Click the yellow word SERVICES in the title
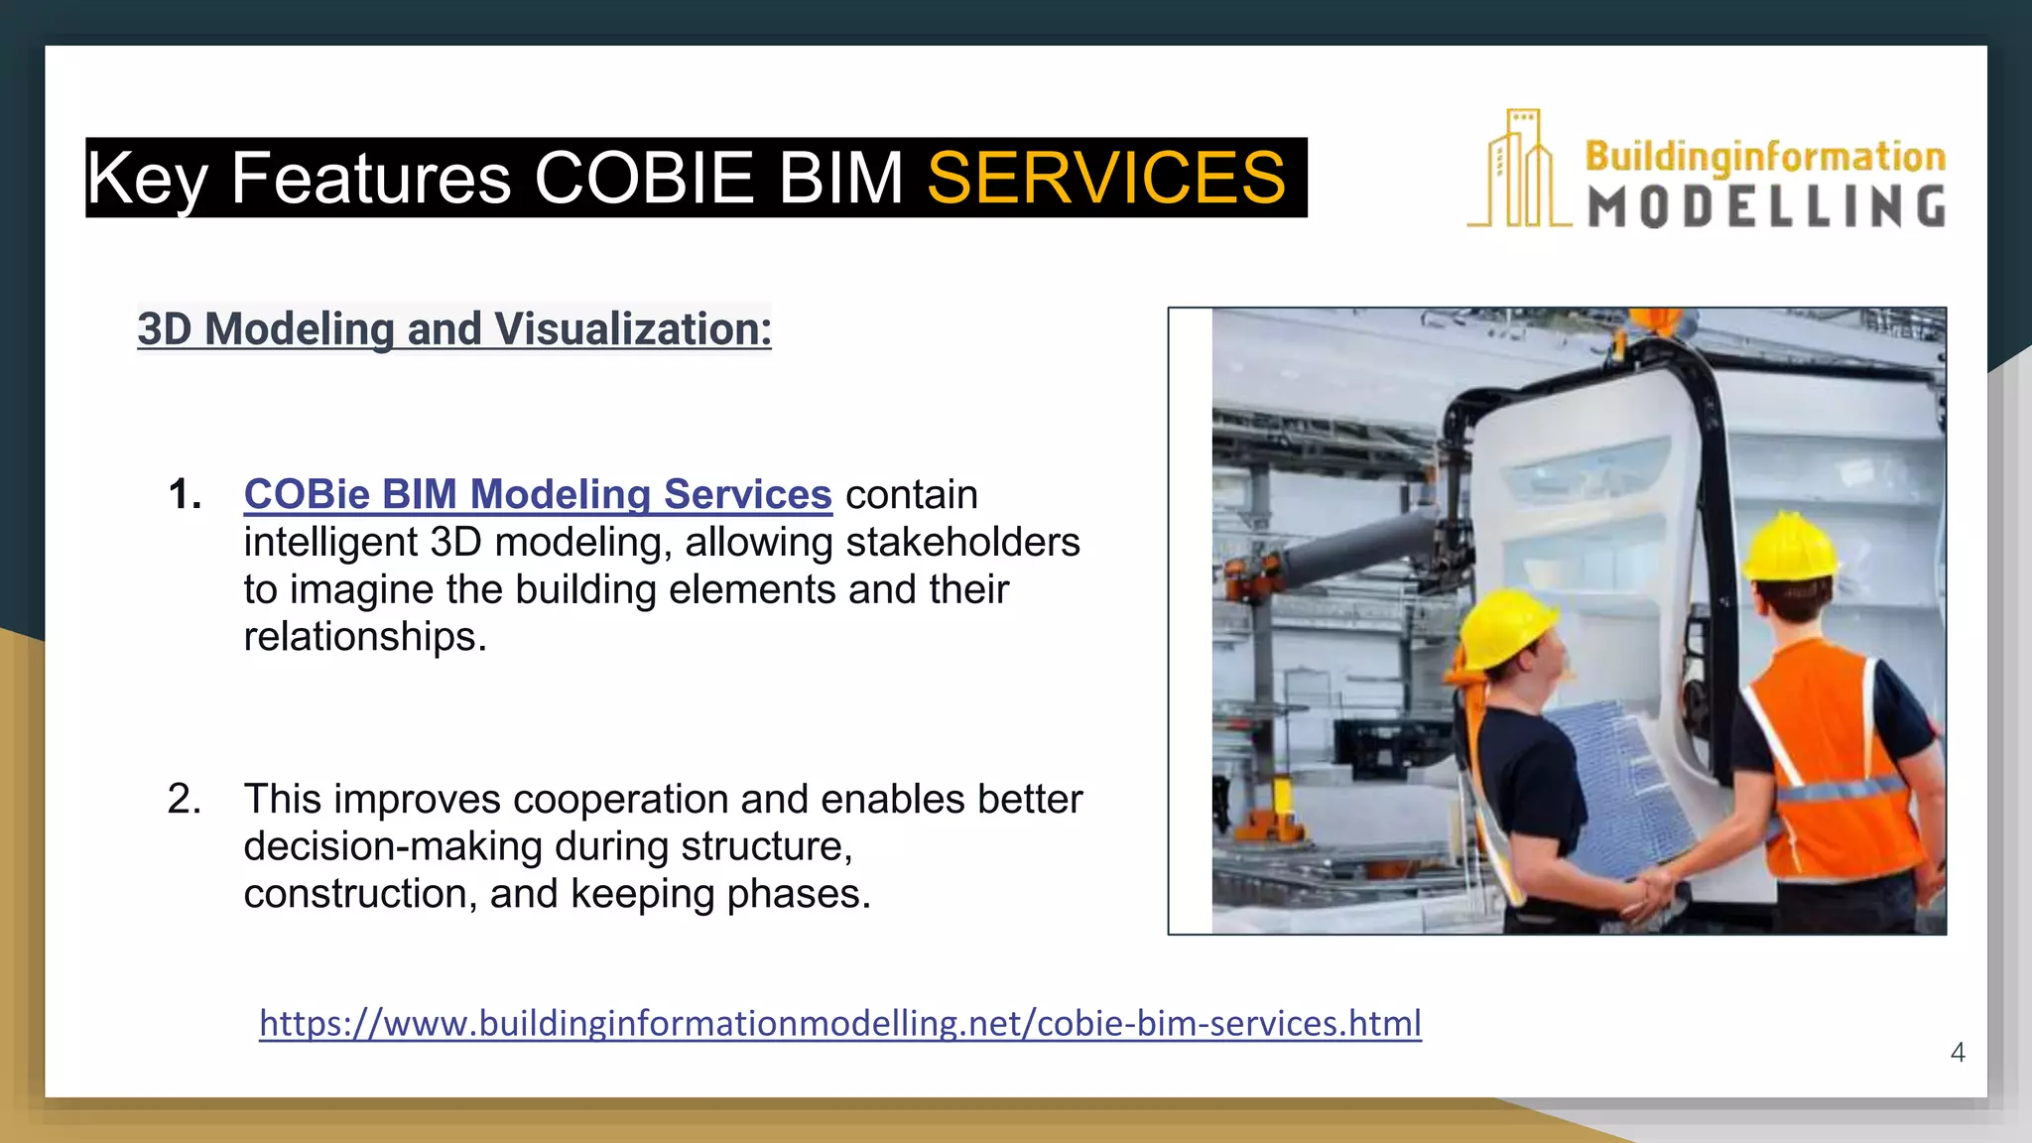click(x=1105, y=179)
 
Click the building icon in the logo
click(x=1518, y=171)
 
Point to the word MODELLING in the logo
click(x=1765, y=207)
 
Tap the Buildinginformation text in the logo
click(x=1764, y=157)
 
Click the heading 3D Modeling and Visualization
click(x=454, y=328)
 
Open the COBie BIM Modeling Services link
click(x=538, y=494)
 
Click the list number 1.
click(x=185, y=494)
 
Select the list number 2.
click(x=185, y=799)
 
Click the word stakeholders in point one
click(x=962, y=542)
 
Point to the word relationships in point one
click(x=364, y=637)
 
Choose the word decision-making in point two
click(x=393, y=846)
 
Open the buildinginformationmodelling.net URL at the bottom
click(x=839, y=1023)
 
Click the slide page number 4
click(x=1957, y=1052)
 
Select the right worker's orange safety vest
click(x=1831, y=754)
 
